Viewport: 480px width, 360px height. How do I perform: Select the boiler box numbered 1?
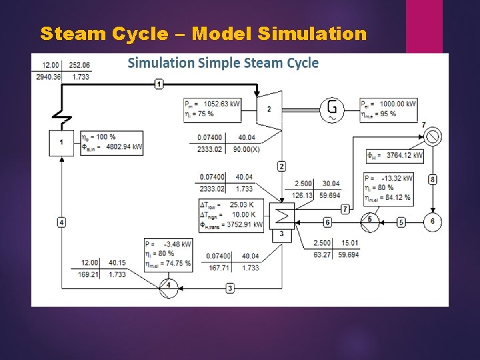61,143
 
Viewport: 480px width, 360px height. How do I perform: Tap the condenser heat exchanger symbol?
281,215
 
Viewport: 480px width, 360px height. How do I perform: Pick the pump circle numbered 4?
168,285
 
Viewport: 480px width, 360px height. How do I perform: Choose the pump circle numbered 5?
369,221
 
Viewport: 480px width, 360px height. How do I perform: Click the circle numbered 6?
432,221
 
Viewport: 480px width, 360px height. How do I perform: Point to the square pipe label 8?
432,179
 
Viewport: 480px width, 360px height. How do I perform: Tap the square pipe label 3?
230,288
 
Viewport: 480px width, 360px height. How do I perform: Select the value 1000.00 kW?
398,103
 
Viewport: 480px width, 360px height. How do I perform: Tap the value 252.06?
79,65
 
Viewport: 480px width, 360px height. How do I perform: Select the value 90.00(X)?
246,149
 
